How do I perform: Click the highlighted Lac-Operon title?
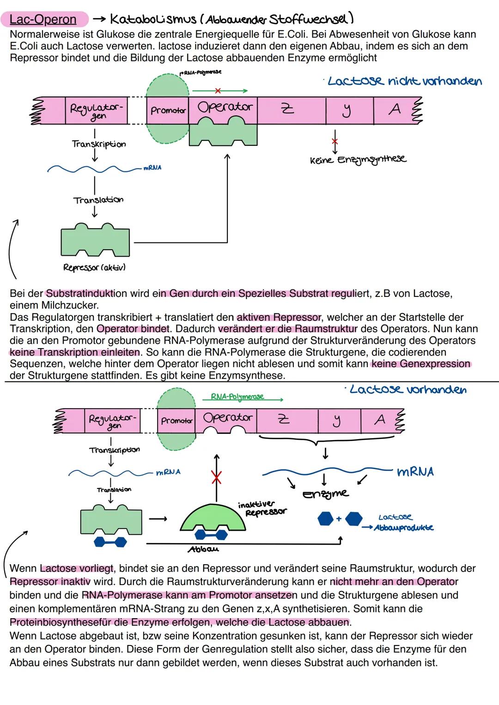43,19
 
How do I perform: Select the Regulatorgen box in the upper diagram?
97,111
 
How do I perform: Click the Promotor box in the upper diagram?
168,111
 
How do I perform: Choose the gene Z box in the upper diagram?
287,109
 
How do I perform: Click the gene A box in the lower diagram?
380,420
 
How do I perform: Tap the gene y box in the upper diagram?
347,110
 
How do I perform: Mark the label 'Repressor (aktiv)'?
95,267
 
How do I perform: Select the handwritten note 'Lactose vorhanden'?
408,390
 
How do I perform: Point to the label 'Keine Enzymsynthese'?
358,160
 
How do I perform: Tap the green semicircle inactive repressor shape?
213,519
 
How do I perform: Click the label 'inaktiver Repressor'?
262,508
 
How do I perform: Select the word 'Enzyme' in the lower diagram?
325,494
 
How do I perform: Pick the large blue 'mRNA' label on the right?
415,472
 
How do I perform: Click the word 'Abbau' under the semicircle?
203,549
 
